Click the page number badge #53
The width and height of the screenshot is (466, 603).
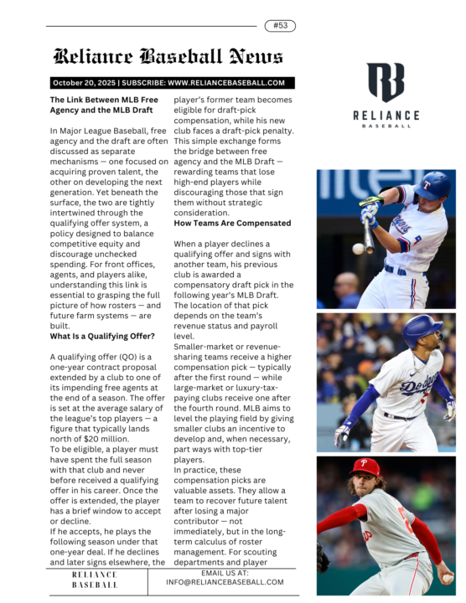pyautogui.click(x=279, y=26)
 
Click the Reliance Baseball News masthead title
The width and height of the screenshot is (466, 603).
pyautogui.click(x=168, y=57)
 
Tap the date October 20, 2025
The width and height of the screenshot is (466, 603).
pyautogui.click(x=83, y=83)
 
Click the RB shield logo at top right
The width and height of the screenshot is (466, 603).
pyautogui.click(x=386, y=82)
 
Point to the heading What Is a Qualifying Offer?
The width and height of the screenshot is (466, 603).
pyautogui.click(x=102, y=336)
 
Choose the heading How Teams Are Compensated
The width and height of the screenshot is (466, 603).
pyautogui.click(x=232, y=224)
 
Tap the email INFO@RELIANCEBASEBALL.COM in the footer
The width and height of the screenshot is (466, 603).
pyautogui.click(x=225, y=581)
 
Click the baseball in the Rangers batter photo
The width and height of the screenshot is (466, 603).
pyautogui.click(x=358, y=249)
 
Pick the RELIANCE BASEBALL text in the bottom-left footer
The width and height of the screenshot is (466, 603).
pyautogui.click(x=95, y=580)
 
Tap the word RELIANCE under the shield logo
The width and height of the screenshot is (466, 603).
pyautogui.click(x=386, y=115)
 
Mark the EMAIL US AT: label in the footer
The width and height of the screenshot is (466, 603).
pyautogui.click(x=225, y=572)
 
